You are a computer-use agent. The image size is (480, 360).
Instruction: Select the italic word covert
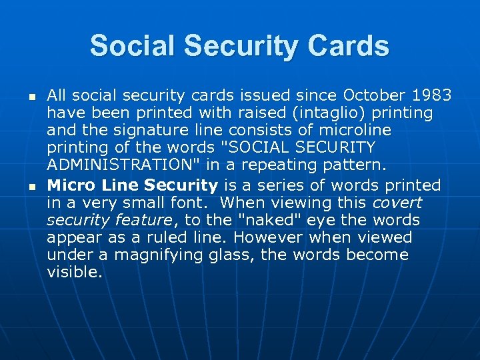pos(397,202)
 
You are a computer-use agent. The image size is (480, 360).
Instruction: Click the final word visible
pos(75,271)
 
